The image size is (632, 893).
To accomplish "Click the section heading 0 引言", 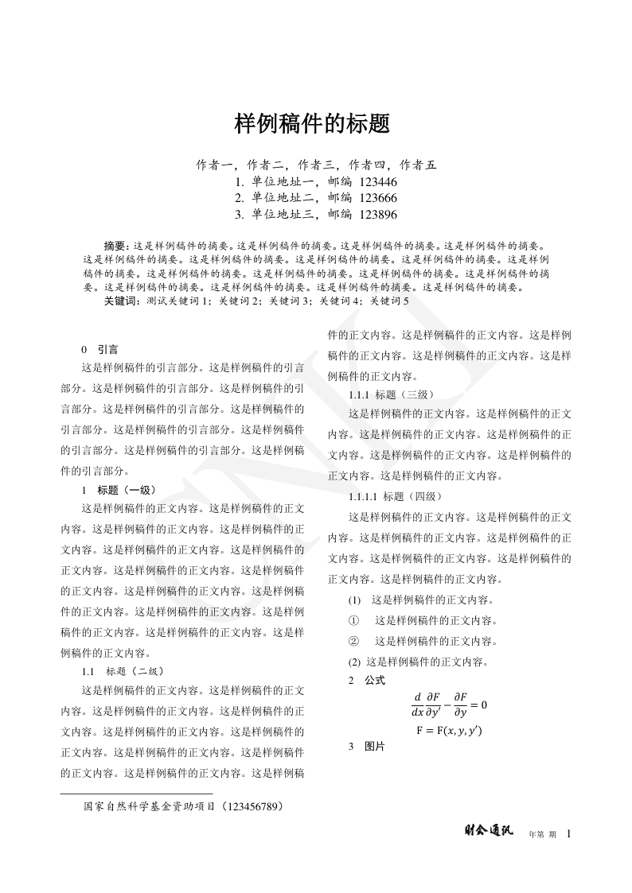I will [100, 348].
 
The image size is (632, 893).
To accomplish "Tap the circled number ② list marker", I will [354, 641].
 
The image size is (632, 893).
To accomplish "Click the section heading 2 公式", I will [367, 681].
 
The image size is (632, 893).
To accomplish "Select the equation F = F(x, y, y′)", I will [449, 729].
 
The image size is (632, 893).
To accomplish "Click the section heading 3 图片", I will [367, 747].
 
